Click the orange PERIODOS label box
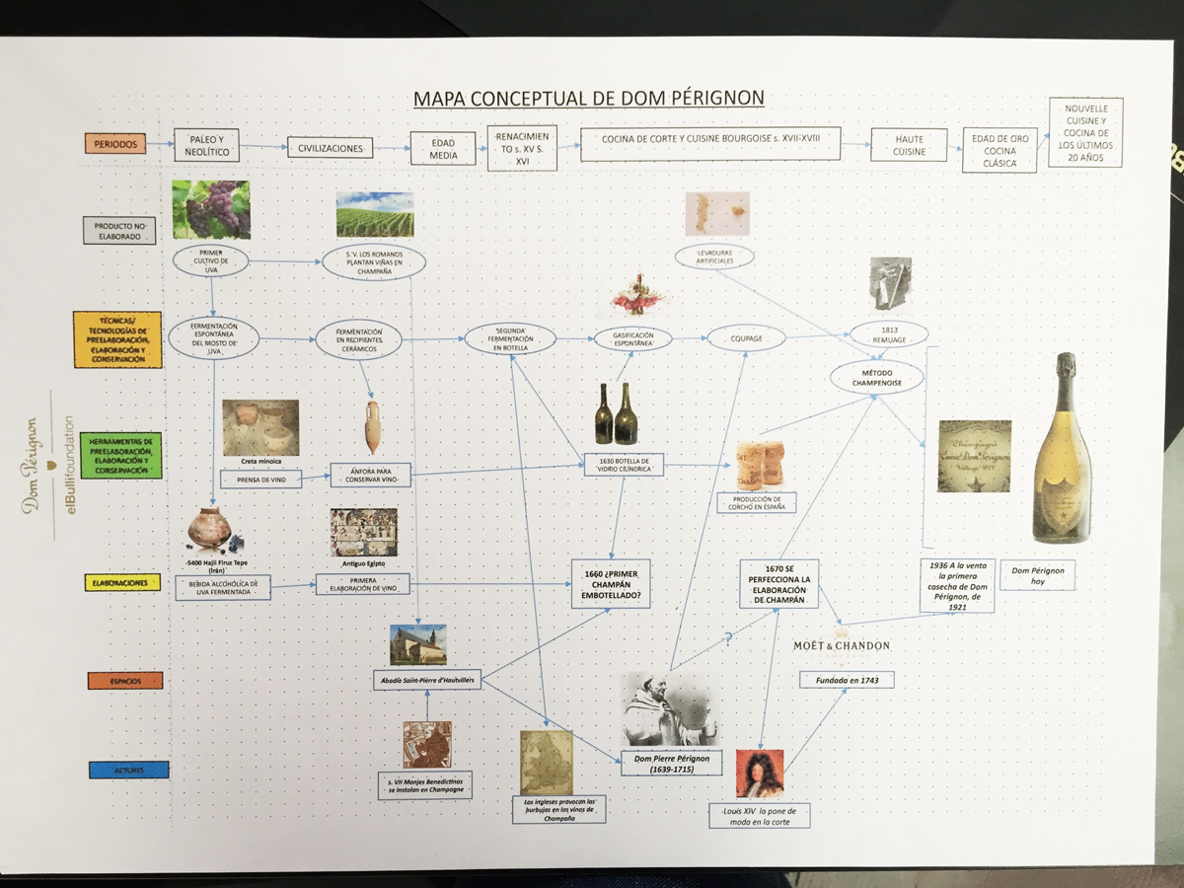click(114, 143)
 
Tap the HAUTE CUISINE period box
click(908, 145)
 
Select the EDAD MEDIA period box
click(442, 149)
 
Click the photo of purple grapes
click(210, 209)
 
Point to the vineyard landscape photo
click(374, 214)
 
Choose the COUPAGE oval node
click(745, 337)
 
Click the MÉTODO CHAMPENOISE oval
click(876, 376)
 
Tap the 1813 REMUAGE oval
click(889, 333)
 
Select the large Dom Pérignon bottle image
click(1062, 448)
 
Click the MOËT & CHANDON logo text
click(842, 645)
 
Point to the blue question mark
click(728, 639)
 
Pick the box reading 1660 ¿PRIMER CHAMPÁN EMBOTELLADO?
click(611, 583)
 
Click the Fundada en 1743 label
click(846, 680)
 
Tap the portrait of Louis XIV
click(759, 774)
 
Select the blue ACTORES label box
click(128, 770)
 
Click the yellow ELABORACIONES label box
click(122, 584)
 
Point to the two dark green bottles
click(616, 413)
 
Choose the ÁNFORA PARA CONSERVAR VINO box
click(370, 474)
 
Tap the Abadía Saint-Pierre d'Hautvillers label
click(426, 680)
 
